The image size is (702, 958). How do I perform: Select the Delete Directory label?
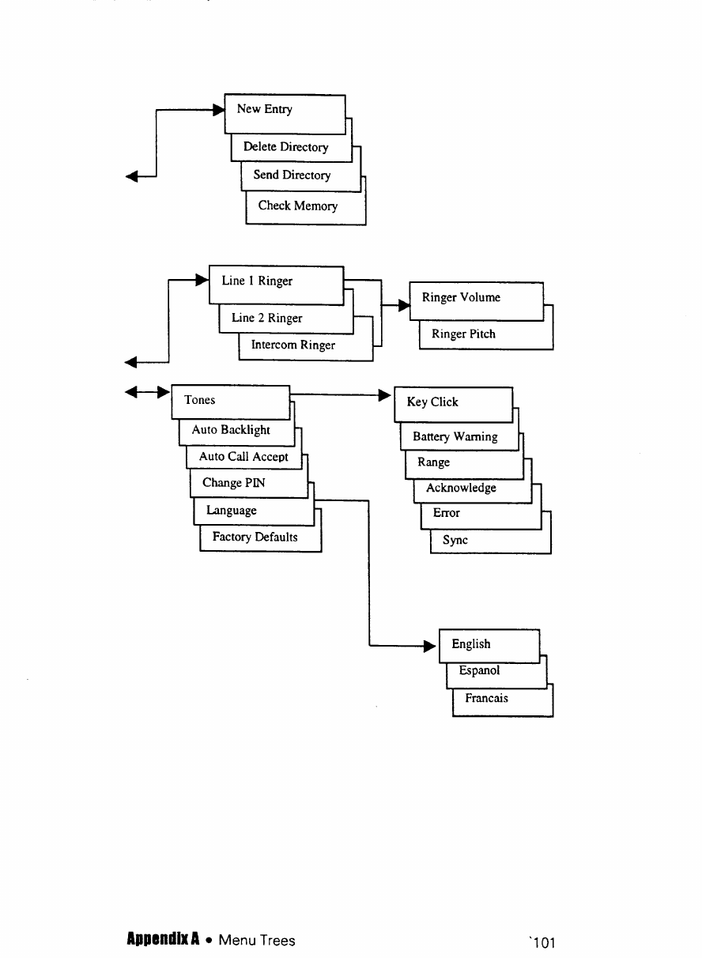[285, 147]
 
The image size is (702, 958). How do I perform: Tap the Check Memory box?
[297, 206]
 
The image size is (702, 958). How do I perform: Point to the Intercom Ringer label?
[292, 345]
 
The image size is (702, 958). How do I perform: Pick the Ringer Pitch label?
[463, 334]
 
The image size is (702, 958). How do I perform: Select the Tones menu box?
[230, 402]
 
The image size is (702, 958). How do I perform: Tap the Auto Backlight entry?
[231, 430]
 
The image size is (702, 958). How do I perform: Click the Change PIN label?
[233, 483]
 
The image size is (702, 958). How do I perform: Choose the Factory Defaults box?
[255, 537]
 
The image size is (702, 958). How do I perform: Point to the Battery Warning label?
[455, 437]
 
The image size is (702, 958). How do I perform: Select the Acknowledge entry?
[461, 488]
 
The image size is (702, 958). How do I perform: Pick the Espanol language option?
[479, 671]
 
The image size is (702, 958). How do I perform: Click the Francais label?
[486, 699]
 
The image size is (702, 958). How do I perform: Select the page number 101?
[544, 941]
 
